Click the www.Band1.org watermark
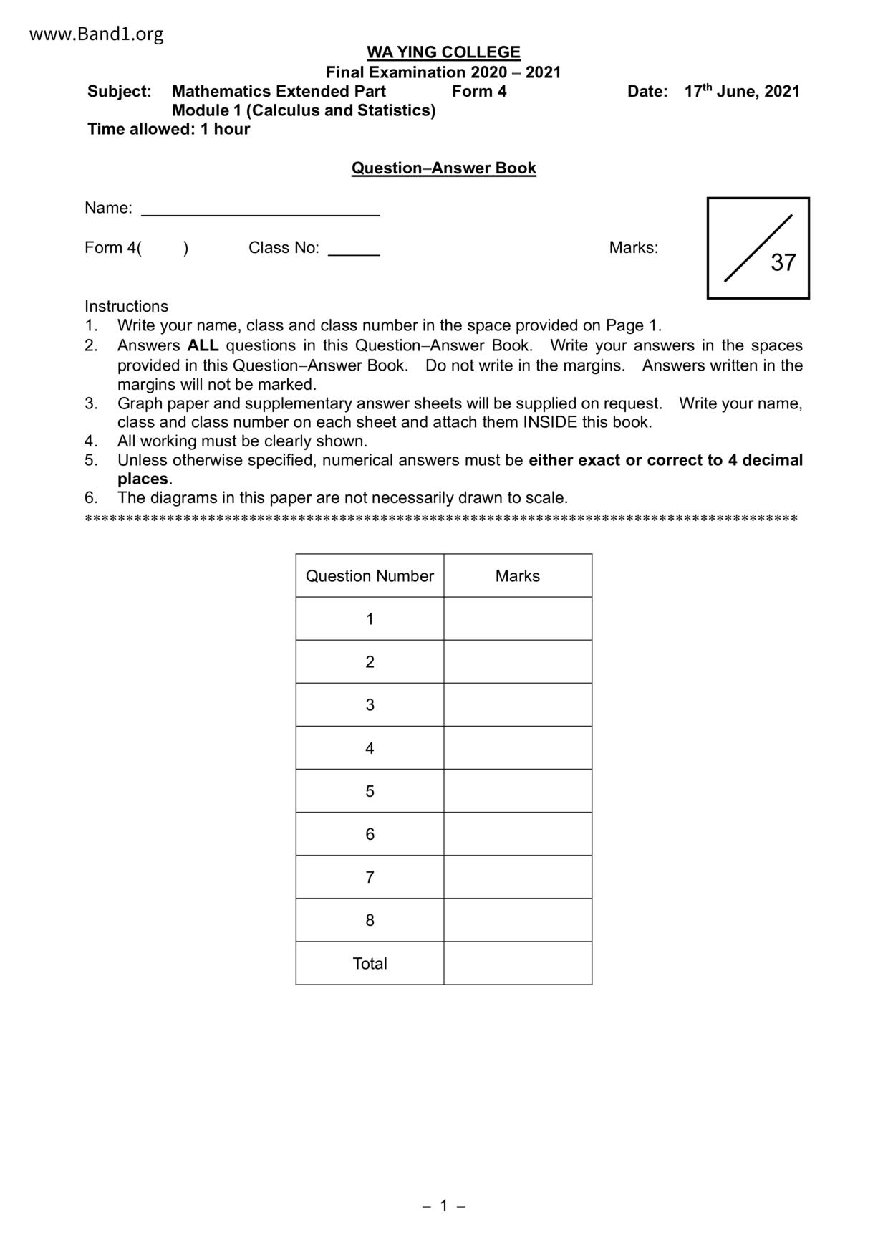[96, 34]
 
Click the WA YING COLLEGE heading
[443, 52]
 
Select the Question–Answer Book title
[443, 168]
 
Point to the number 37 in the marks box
[783, 262]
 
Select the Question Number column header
[370, 576]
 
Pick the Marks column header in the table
[517, 576]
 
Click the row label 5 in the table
[370, 791]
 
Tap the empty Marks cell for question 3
[517, 705]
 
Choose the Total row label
[370, 964]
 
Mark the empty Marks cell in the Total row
[517, 964]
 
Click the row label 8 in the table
[370, 920]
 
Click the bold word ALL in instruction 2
[203, 345]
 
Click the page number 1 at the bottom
[443, 1206]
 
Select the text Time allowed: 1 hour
[168, 129]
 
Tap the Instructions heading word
[126, 306]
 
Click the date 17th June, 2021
[741, 91]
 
